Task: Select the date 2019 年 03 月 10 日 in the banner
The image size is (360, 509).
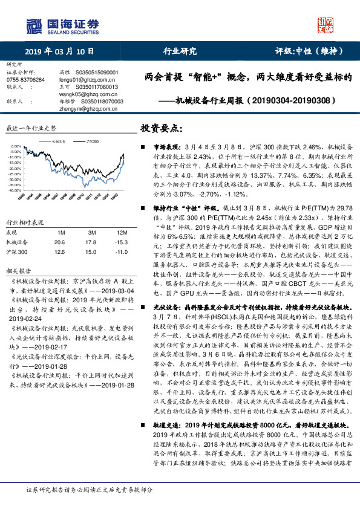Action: click(x=59, y=51)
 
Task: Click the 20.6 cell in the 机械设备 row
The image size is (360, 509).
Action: click(x=60, y=242)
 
